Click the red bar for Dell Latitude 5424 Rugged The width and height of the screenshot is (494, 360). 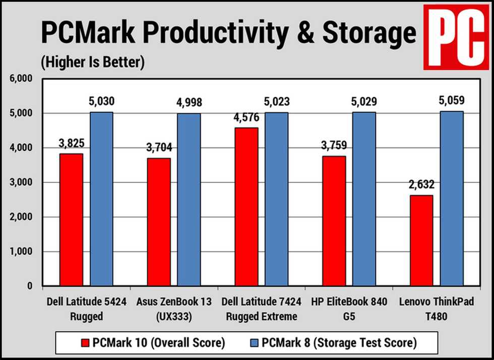coord(71,219)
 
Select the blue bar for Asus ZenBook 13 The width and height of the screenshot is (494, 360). coord(189,199)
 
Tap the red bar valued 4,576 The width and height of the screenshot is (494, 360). coord(246,207)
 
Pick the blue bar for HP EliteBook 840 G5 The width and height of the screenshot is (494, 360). coord(364,199)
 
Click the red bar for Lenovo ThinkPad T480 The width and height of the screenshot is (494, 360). coord(421,240)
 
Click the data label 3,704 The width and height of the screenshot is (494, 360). coord(159,147)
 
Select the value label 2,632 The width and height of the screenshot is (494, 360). coord(421,185)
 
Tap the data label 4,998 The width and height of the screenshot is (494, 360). coord(189,102)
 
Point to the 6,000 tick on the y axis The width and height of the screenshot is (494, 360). coord(22,79)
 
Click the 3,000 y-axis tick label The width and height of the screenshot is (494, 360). coord(22,183)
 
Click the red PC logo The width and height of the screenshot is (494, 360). coord(455,37)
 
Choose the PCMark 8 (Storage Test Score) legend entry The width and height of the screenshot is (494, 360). coord(335,343)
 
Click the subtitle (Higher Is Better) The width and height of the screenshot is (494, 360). coord(92,62)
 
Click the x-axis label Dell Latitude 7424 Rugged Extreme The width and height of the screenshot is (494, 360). coord(262,309)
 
